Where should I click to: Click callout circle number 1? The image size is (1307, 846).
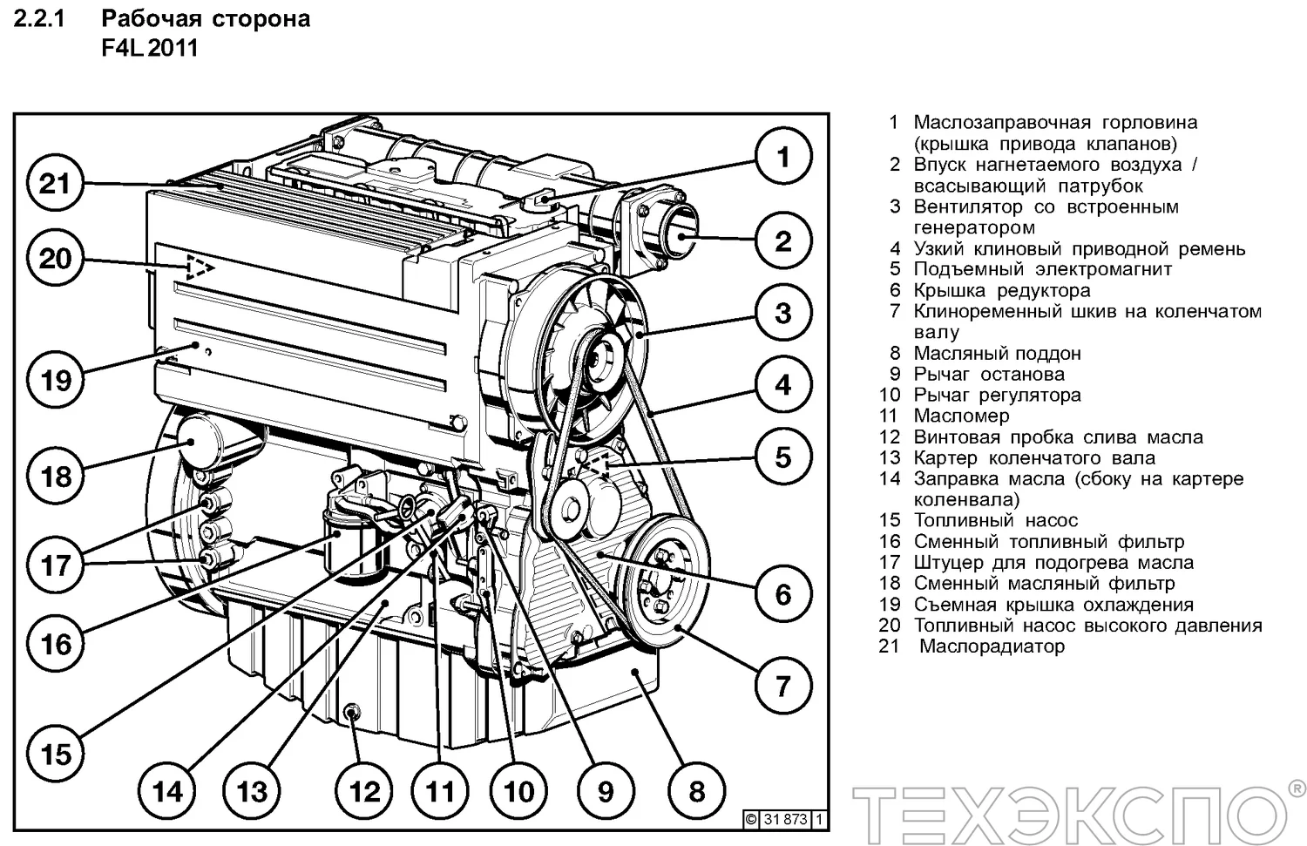tap(782, 157)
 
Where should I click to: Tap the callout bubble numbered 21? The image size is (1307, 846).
tap(55, 184)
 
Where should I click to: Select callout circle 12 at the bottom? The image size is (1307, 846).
tap(364, 791)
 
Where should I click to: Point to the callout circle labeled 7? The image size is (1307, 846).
tap(782, 686)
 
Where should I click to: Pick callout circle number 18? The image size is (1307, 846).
tap(57, 476)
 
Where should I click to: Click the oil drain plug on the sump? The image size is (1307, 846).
tap(353, 714)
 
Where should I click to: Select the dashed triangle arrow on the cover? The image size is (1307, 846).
tap(200, 267)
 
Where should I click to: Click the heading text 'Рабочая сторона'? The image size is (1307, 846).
tap(206, 18)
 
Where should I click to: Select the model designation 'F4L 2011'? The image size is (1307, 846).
tap(150, 48)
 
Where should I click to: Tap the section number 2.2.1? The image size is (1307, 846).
tap(39, 18)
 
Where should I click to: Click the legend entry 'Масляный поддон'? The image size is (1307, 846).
tap(997, 353)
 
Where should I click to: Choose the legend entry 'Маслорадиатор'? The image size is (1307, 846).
tap(992, 646)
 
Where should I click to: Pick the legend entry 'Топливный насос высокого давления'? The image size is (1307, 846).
tap(1087, 625)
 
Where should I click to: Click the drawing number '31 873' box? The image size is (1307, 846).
tap(785, 819)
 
